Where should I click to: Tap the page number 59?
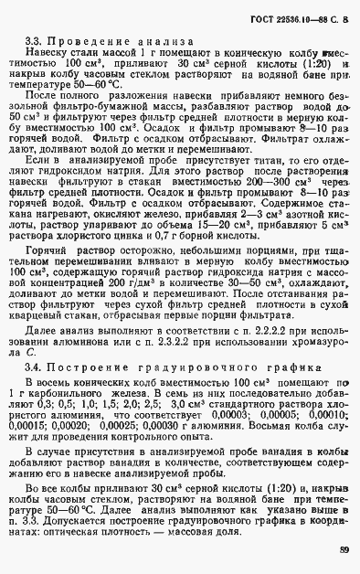pos(344,549)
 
